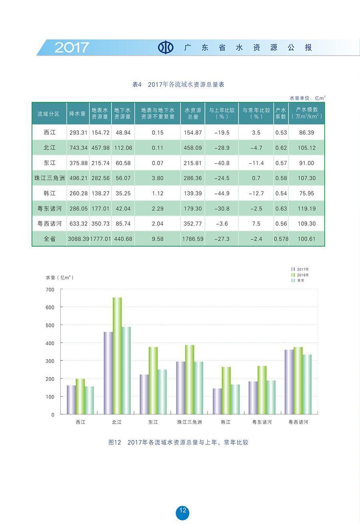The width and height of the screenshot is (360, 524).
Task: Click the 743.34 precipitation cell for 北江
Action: (78, 148)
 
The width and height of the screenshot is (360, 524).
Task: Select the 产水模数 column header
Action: (306, 113)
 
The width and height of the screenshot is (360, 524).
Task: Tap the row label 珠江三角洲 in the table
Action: (50, 178)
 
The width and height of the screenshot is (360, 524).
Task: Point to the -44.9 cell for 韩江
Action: (222, 193)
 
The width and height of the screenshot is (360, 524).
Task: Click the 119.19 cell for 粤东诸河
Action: (306, 209)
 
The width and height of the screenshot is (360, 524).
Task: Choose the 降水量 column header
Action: (78, 113)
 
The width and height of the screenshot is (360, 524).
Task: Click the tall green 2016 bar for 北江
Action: (117, 356)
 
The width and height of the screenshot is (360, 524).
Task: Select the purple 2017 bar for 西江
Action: (71, 400)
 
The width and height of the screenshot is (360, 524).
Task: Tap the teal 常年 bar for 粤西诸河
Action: (307, 384)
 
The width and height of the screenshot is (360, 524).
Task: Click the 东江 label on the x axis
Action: (153, 422)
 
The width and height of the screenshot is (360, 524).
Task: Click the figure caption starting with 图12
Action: (178, 442)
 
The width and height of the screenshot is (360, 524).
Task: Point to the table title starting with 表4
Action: (178, 84)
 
